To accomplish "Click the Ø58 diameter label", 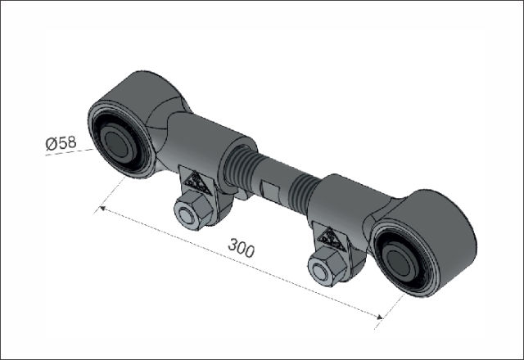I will click(61, 142).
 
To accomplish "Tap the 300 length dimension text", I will click(242, 247).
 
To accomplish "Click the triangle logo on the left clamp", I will click(196, 184).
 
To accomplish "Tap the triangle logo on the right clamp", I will click(332, 238).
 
